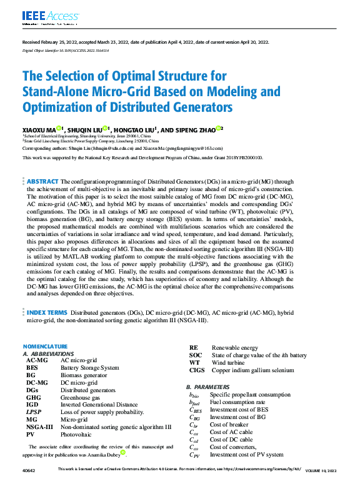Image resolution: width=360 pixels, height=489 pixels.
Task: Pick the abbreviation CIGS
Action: (x=197, y=370)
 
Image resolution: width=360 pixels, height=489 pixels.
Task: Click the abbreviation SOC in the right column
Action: (x=195, y=355)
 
